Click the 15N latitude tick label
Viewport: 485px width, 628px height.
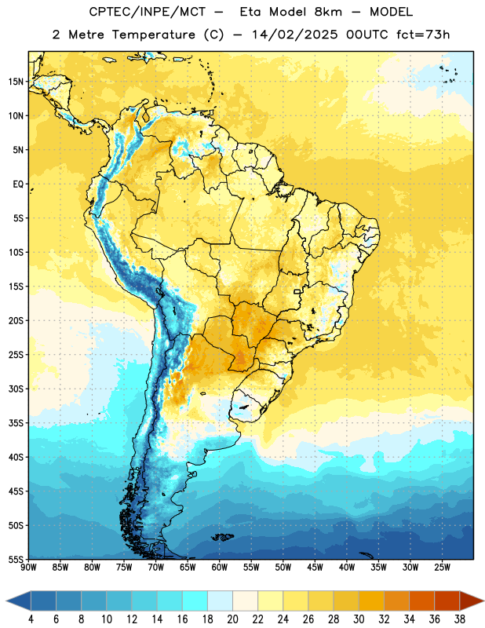point(16,82)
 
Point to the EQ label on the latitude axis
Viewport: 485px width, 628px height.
point(18,184)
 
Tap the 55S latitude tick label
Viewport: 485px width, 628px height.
point(16,559)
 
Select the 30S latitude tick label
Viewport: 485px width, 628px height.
point(16,389)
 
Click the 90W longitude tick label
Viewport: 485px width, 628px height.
point(28,567)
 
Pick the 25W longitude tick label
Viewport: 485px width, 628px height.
point(442,567)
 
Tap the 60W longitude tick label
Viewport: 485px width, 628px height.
point(220,567)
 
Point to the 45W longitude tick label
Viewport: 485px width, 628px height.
point(315,567)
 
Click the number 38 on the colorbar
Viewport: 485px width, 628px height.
point(460,619)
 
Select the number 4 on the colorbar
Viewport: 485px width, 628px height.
point(31,619)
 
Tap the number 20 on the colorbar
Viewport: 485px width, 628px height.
point(232,619)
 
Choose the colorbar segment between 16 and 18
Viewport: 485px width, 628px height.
point(195,601)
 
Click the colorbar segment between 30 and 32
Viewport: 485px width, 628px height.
point(371,601)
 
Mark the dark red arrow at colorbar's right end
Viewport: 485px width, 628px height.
point(471,601)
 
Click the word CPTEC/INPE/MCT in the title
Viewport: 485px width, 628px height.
point(148,13)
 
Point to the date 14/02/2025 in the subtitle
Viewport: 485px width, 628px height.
point(294,35)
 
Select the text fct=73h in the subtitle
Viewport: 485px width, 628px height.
point(423,35)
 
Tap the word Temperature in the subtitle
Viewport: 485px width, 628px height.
point(153,35)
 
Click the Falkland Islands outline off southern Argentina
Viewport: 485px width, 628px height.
point(223,537)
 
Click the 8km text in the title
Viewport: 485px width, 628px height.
point(328,13)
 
